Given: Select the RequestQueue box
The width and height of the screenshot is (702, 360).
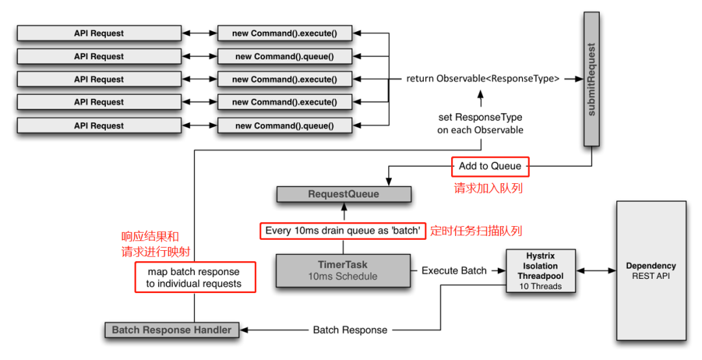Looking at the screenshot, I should [344, 194].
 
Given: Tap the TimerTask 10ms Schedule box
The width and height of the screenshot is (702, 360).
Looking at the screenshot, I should [343, 270].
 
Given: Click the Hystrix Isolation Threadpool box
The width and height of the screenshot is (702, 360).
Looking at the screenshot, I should [541, 270].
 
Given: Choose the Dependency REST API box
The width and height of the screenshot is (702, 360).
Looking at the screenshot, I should [651, 270].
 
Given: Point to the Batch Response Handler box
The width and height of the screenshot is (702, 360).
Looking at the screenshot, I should [172, 329].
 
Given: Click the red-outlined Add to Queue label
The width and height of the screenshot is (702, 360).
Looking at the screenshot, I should [490, 166].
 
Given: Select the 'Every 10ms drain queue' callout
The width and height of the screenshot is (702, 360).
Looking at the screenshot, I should [343, 231].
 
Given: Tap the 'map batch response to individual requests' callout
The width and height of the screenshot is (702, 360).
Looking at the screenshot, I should [194, 277].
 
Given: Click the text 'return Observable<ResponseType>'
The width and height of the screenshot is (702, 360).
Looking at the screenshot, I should [482, 79].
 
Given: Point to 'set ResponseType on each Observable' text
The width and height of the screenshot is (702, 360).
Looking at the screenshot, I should [480, 123].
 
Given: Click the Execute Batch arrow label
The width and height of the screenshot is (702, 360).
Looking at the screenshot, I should [454, 270].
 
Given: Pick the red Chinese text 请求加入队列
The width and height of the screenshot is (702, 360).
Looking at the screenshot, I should [488, 188].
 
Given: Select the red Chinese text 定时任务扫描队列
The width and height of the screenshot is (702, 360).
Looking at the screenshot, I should [476, 231].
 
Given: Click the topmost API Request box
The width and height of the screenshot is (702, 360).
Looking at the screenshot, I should [99, 33].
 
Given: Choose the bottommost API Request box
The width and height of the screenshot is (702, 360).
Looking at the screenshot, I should [99, 125].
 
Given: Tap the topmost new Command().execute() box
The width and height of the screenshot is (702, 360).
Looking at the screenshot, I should [284, 33].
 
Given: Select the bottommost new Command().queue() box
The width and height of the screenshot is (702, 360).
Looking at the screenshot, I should [284, 125].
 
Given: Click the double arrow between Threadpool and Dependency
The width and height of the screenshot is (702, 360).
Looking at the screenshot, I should [596, 270].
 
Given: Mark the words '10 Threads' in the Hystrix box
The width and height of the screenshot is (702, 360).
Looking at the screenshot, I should [541, 287].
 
